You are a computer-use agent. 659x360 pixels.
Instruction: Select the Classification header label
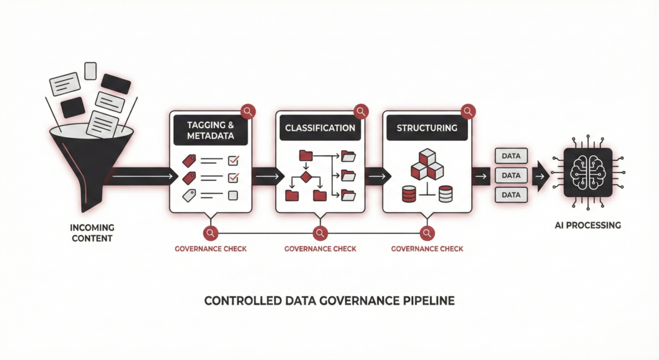[x=320, y=128]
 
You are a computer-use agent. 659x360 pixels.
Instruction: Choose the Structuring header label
[x=427, y=128]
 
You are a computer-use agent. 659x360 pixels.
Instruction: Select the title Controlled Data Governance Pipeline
[x=329, y=301]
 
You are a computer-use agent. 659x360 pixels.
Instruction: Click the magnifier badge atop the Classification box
[x=361, y=111]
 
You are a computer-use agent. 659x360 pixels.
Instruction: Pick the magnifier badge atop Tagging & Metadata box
[x=247, y=111]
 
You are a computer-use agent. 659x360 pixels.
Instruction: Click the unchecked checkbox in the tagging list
[x=234, y=195]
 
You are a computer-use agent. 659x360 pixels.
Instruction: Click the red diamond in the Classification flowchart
[x=306, y=176]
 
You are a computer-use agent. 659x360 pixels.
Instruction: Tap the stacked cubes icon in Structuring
[x=427, y=164]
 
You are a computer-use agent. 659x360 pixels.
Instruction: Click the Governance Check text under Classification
[x=320, y=249]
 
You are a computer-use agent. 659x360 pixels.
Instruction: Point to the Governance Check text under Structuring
[x=427, y=249]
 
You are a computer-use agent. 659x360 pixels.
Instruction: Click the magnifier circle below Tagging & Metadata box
[x=210, y=233]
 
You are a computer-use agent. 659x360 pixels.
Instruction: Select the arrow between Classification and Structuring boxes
[x=374, y=175]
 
